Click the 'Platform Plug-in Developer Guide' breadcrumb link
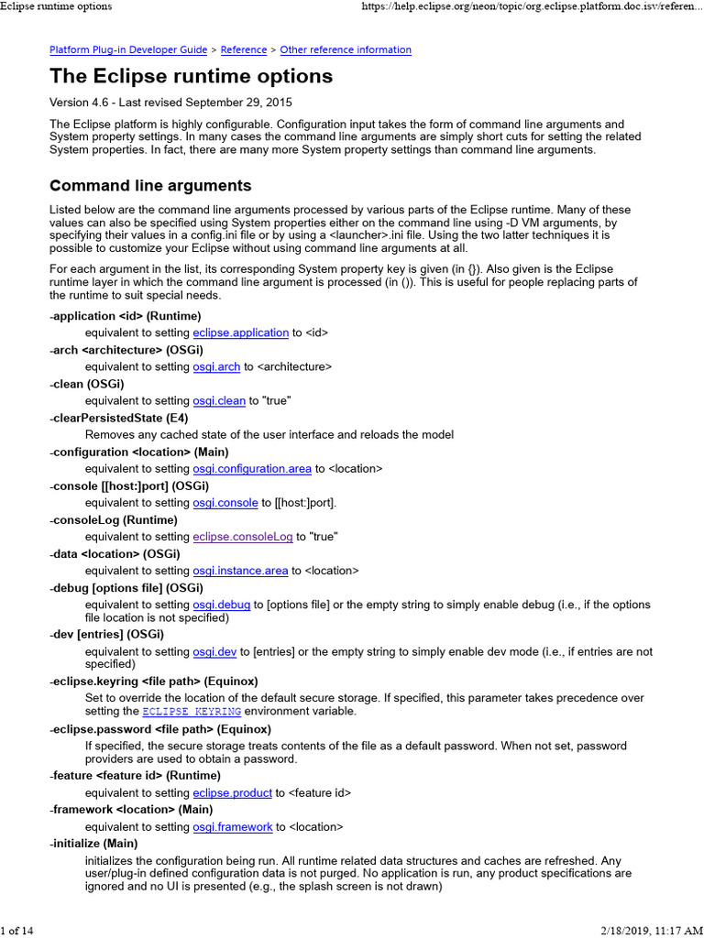[127, 50]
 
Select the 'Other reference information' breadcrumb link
[346, 50]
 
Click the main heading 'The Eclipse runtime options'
[191, 76]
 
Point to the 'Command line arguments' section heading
[150, 186]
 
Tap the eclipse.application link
[241, 333]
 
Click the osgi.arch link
[216, 367]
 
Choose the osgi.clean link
[219, 401]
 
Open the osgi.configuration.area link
[252, 469]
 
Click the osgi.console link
[225, 503]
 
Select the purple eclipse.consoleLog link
[243, 537]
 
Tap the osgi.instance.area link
[240, 571]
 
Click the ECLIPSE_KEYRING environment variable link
[192, 712]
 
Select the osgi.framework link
[233, 827]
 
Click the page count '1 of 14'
[17, 931]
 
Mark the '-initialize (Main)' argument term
[93, 843]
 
